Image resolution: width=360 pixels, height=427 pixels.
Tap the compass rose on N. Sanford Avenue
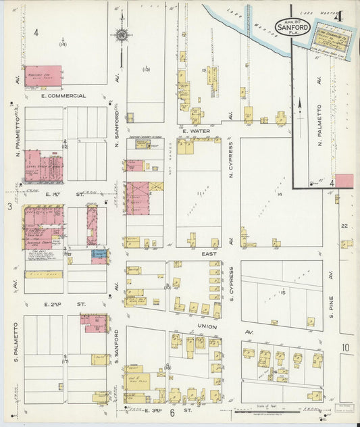(x=122, y=34)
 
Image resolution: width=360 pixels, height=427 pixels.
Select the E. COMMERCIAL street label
(x=63, y=96)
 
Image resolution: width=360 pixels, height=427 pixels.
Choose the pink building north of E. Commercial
(x=43, y=76)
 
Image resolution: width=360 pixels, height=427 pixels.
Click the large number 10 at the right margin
(x=346, y=348)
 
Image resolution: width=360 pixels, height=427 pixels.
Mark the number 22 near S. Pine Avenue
(x=344, y=226)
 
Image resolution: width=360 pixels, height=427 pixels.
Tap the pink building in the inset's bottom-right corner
(x=344, y=180)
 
